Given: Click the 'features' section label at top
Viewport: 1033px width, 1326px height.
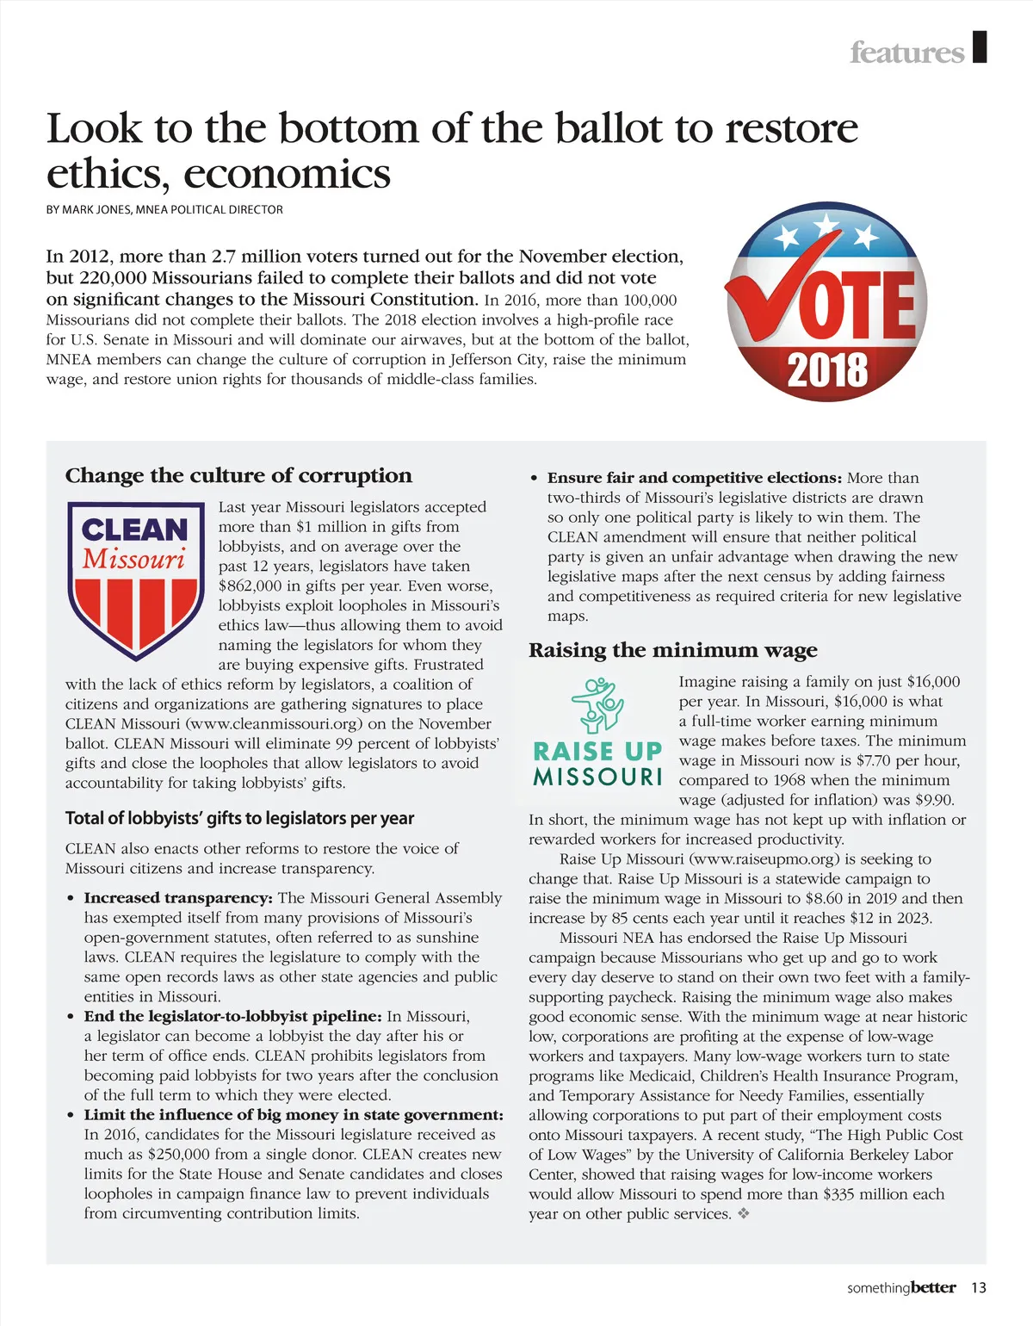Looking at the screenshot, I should click(906, 53).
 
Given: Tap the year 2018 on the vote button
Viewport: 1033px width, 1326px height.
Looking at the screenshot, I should click(827, 370).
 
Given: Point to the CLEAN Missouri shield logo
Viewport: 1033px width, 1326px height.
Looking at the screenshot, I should click(135, 579).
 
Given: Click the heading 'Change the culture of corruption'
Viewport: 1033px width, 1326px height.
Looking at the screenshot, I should click(238, 475).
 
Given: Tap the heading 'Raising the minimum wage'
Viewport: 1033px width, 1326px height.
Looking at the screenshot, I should click(672, 650).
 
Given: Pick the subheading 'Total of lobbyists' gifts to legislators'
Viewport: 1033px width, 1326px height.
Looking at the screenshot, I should click(239, 818).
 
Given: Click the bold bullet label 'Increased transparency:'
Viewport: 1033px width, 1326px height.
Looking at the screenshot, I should click(178, 898).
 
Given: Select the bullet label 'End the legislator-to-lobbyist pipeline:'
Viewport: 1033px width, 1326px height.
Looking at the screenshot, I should click(232, 1016).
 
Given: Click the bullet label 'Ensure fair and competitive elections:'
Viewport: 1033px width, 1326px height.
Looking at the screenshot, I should click(694, 478).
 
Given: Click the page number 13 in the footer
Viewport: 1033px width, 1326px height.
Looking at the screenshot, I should click(978, 1288).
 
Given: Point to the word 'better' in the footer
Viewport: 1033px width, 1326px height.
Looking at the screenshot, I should click(933, 1288).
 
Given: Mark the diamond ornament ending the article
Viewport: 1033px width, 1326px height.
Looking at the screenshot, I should click(744, 1214).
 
